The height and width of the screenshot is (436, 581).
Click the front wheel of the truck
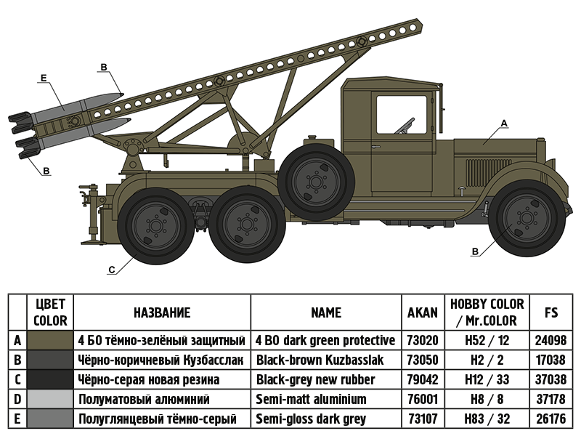[527, 217]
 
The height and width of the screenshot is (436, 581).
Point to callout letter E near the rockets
[44, 76]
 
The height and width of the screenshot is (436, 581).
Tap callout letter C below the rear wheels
[111, 270]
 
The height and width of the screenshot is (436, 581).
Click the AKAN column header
[423, 312]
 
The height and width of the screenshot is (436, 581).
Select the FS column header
[551, 312]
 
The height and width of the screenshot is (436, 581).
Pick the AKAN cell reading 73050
[423, 360]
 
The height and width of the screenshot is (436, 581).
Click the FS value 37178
[551, 399]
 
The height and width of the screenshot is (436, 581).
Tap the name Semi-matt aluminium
[311, 399]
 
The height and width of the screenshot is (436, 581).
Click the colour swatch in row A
[50, 340]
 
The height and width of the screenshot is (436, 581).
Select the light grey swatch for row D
[50, 399]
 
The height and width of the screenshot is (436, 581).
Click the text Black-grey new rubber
[315, 379]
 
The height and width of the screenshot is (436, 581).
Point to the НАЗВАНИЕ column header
[162, 312]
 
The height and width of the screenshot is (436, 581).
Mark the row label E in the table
[17, 419]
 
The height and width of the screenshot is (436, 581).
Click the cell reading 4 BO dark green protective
[325, 340]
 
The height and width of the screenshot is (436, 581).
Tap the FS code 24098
[551, 340]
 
